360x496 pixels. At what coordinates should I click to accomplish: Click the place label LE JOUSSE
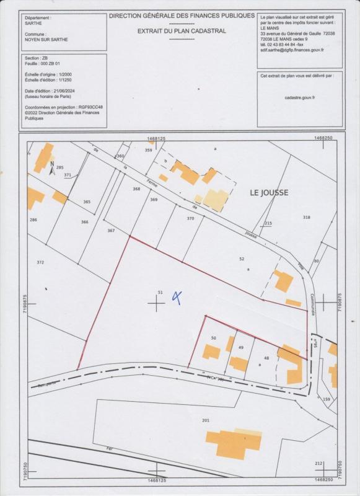pos(269,193)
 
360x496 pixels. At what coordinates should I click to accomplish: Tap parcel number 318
pos(306,217)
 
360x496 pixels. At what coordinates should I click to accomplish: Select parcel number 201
pos(206,420)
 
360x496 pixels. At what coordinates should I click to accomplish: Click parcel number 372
pos(40,262)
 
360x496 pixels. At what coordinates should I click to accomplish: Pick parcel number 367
pos(111,230)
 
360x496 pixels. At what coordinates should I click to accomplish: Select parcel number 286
pos(33,219)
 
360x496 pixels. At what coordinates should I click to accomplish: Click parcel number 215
pos(268,223)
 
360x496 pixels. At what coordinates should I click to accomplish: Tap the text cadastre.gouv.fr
pos(300,97)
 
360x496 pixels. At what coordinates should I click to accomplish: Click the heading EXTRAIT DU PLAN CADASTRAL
pos(182,30)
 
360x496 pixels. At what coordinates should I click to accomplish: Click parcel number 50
pos(213,338)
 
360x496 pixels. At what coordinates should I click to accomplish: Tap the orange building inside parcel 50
pos(211,352)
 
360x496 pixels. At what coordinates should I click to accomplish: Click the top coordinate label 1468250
pos(323,139)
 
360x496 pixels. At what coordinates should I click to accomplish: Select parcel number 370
pos(190,218)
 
